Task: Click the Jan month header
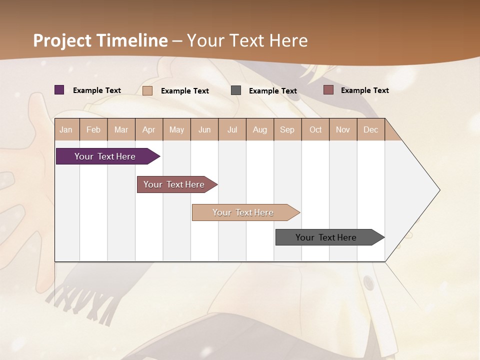pos(66,129)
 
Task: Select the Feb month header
pos(93,129)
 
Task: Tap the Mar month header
pos(121,129)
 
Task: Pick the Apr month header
pos(149,129)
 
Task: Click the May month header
pos(176,129)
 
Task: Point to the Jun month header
pos(204,129)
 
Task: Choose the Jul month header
pos(232,129)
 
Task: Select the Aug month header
pos(260,129)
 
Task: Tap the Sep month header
pos(287,129)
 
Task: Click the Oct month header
pos(315,129)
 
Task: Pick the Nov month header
pos(343,129)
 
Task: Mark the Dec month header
pos(371,129)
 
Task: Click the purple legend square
pos(59,90)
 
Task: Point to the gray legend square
pos(236,90)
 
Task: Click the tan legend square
pos(147,90)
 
